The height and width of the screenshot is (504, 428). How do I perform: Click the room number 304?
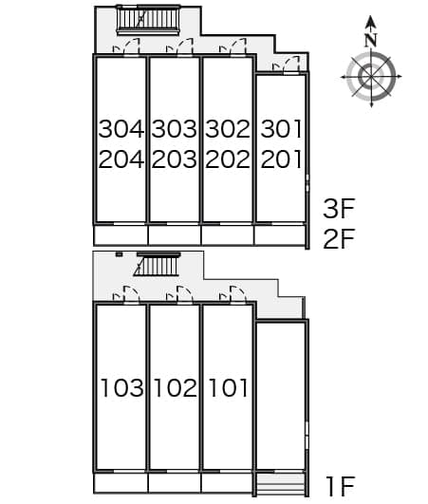pos(121,129)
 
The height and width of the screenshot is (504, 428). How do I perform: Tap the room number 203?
pos(175,159)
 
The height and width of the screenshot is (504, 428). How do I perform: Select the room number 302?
pos(228,129)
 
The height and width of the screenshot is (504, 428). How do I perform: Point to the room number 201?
pos(282,159)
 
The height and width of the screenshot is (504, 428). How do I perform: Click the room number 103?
pos(122,387)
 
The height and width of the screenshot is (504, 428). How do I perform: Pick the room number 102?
pos(176,387)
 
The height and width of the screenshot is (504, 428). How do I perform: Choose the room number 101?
pos(229,387)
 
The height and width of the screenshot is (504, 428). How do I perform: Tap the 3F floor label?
pos(339,209)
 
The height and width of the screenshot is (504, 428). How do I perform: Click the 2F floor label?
pos(339,239)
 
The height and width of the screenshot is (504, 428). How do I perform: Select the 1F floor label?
pos(341,486)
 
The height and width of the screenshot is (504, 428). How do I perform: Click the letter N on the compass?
pos(371,40)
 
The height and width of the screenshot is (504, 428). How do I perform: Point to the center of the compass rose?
pos(371,77)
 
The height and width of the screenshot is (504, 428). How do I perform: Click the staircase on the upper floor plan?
pos(148,20)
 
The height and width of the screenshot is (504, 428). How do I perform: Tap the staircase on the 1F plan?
pos(158,264)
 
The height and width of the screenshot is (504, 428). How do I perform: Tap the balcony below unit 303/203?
pos(175,235)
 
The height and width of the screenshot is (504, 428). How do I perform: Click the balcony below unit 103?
pos(121,483)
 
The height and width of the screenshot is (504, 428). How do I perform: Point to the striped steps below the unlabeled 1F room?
pos(281,485)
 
